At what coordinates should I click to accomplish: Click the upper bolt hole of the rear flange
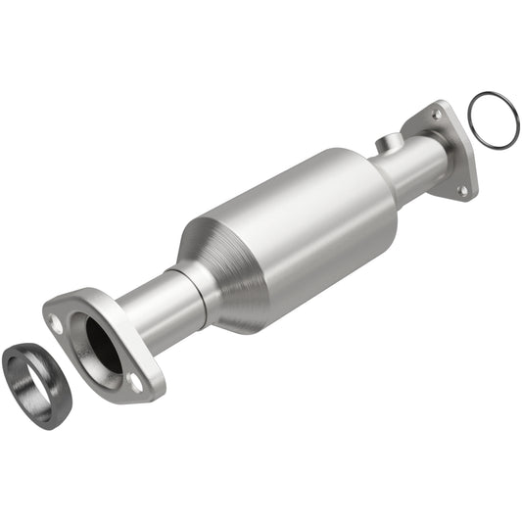436,117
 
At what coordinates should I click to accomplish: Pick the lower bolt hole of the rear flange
463,189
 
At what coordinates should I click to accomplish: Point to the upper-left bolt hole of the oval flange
58,323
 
